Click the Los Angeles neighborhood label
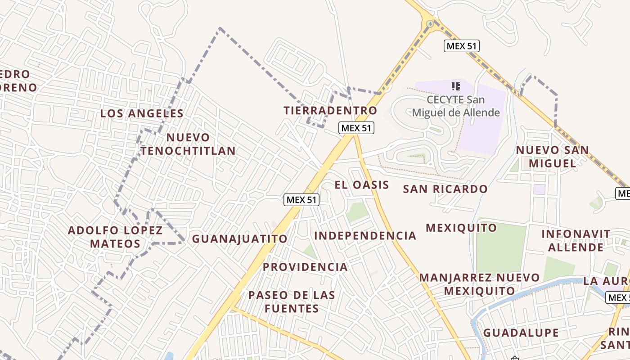coord(142,113)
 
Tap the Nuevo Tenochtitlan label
coord(188,144)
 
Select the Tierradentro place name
coord(330,110)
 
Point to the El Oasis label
coord(362,185)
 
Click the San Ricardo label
coord(445,189)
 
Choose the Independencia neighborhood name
coord(365,236)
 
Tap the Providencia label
coord(305,267)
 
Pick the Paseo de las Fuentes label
coord(292,301)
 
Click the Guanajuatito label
coord(239,239)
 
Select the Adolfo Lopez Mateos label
coord(115,237)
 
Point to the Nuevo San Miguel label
coord(552,157)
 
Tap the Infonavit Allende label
coord(576,240)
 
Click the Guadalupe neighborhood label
coord(521,333)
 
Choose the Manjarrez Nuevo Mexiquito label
coord(479,284)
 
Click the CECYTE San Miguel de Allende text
coord(456,106)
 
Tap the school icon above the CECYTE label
coord(455,86)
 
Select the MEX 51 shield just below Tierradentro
coord(356,128)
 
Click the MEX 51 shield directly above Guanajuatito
coord(301,200)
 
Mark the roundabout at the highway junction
coord(430,23)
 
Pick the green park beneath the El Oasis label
coord(357,211)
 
